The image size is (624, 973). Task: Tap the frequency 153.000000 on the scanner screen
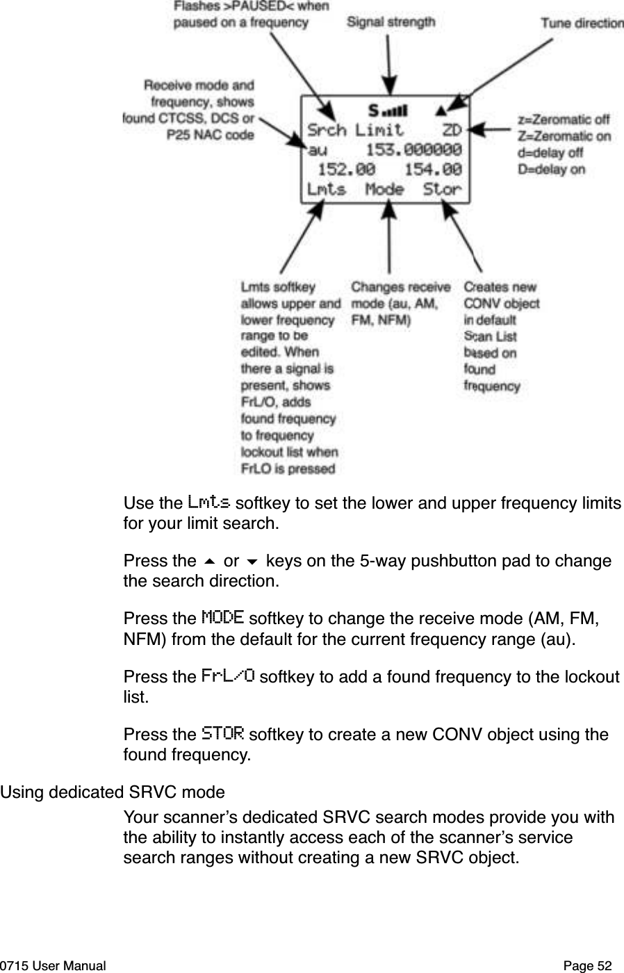tap(413, 149)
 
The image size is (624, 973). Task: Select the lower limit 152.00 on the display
tap(346, 169)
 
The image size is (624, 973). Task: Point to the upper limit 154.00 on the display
tap(432, 169)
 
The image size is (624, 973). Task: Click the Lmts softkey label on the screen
tap(326, 189)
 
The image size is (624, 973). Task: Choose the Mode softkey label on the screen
tap(384, 189)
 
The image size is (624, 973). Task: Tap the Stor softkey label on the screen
tap(442, 189)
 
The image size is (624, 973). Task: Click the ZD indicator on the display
tap(452, 130)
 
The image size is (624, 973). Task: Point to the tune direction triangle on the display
tap(441, 110)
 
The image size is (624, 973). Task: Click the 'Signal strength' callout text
tap(391, 22)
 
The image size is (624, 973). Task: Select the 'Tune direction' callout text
tap(582, 23)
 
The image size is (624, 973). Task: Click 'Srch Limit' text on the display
tap(355, 130)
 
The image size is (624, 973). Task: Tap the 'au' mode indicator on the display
tap(317, 149)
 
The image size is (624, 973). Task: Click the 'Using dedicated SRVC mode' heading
tap(113, 792)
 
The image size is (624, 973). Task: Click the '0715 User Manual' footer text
tap(54, 965)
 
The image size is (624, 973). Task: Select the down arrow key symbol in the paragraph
tap(252, 562)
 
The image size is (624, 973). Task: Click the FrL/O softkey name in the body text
tap(227, 676)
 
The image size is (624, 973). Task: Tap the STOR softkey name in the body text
tap(222, 733)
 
